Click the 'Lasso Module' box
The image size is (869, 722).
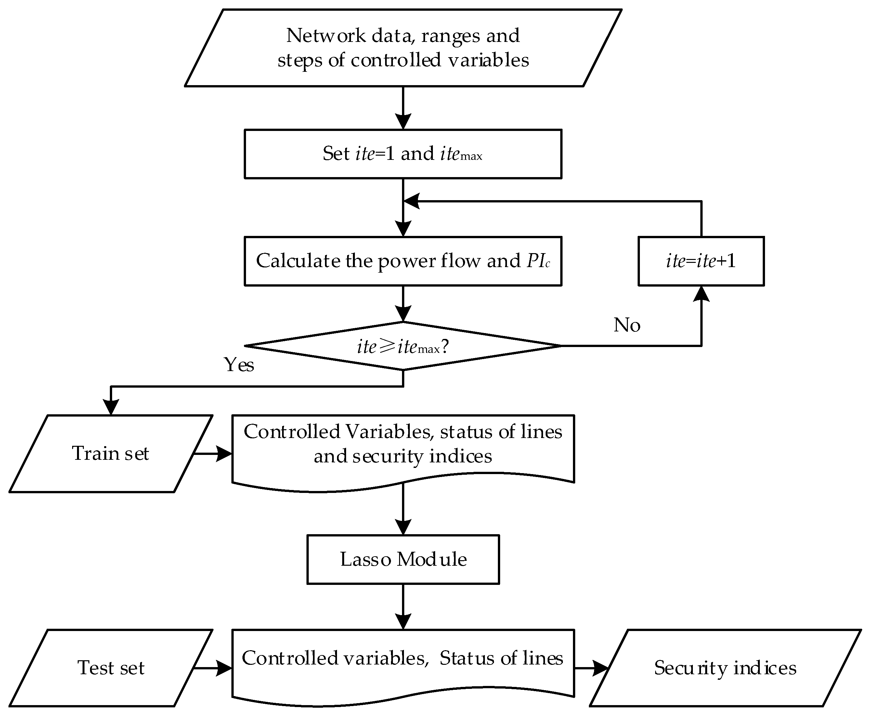tap(403, 560)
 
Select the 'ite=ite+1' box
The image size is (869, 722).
tap(701, 261)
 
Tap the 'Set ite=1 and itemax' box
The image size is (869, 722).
tap(403, 154)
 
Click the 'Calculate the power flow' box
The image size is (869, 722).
tap(403, 261)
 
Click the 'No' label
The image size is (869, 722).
tap(627, 325)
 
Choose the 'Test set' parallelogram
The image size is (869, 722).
tap(110, 668)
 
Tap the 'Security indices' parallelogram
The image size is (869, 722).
tap(725, 668)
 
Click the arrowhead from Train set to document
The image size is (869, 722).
tap(225, 454)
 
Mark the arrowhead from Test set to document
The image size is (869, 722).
tap(225, 668)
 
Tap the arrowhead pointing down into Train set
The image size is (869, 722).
tap(110, 407)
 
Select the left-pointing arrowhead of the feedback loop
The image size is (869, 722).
tap(411, 201)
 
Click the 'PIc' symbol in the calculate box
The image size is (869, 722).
tap(538, 261)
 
